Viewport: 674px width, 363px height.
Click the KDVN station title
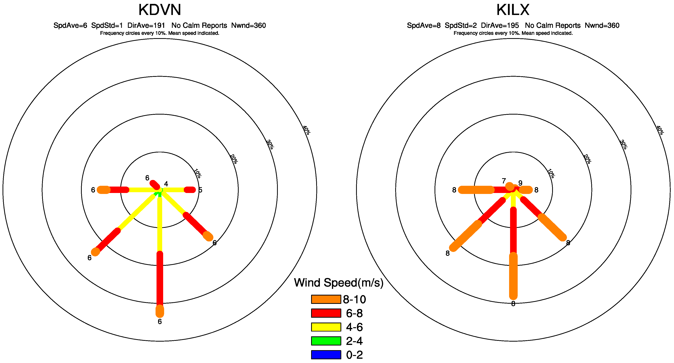[x=160, y=10]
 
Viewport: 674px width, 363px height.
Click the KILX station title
[x=513, y=10]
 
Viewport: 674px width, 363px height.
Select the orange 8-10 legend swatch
[x=326, y=299]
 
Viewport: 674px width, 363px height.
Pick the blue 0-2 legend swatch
[x=326, y=355]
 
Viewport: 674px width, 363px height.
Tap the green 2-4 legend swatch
[x=326, y=341]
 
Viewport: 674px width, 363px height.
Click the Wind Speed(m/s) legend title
[x=339, y=283]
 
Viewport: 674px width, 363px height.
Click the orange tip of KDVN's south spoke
[x=160, y=311]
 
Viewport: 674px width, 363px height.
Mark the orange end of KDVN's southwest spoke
[x=96, y=252]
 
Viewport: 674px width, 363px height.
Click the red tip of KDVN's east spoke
[x=190, y=190]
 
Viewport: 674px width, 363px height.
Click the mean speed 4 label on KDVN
[x=166, y=184]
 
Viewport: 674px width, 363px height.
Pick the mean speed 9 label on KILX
[x=520, y=183]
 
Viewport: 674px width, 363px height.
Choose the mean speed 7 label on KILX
[x=504, y=181]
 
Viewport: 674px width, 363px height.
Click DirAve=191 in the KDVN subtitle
[x=146, y=25]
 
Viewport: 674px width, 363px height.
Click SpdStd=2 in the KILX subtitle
[x=460, y=25]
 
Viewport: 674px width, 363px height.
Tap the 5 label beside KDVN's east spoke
[x=200, y=190]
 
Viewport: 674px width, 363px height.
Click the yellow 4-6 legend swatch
[x=326, y=327]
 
